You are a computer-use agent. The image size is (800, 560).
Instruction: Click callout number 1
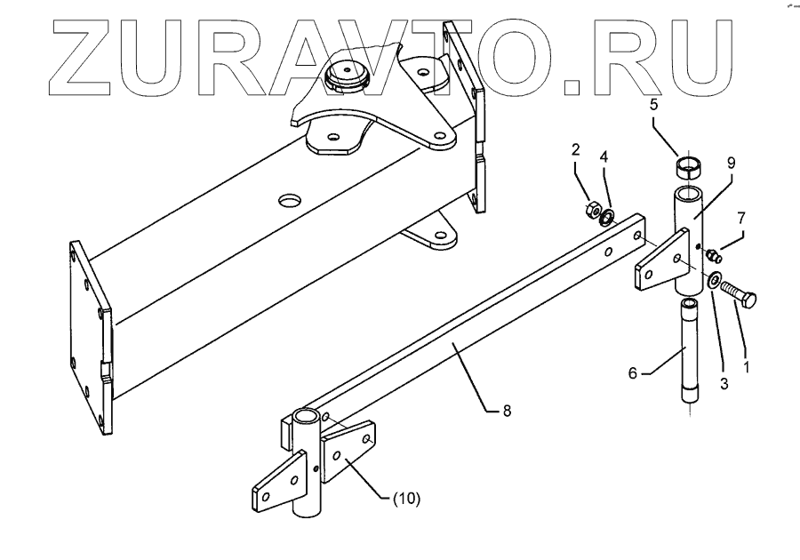pyautogui.click(x=747, y=365)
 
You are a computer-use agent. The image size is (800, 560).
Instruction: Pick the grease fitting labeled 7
pyautogui.click(x=713, y=256)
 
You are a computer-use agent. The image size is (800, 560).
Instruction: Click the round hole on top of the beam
pyautogui.click(x=287, y=201)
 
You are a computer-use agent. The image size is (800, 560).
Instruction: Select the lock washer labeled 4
pyautogui.click(x=607, y=216)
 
